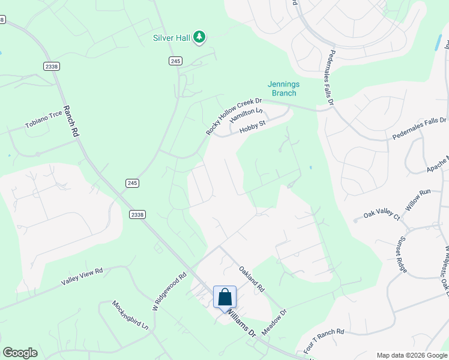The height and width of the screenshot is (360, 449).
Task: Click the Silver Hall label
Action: pos(172,38)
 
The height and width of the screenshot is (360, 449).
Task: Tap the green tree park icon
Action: pos(199,38)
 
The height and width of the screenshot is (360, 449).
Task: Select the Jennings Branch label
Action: pos(283,89)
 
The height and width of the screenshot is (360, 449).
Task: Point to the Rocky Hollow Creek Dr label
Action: pos(234,116)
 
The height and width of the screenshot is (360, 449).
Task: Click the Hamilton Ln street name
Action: pos(246,115)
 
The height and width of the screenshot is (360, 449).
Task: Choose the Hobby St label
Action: pos(252,127)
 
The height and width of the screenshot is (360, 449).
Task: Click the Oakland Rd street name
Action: pos(252,279)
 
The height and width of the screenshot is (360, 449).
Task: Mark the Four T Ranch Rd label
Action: pos(324,340)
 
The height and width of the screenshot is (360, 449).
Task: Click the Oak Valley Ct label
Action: pos(382,214)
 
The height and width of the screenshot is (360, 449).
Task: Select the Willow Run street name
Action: pos(418,199)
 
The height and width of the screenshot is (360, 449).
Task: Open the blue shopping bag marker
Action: pos(224,298)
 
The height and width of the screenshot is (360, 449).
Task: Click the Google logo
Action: pos(20,353)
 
